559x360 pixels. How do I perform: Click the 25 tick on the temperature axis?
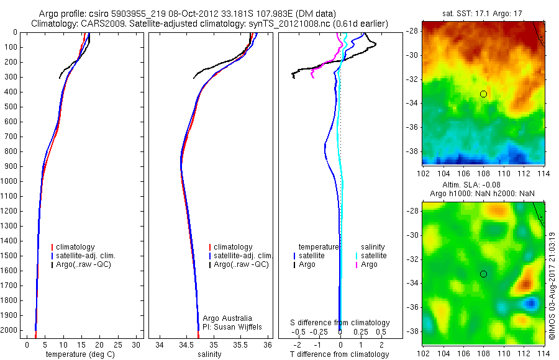(118, 344)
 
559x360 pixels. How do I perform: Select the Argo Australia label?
(227, 318)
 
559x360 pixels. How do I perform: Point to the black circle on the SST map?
(483, 94)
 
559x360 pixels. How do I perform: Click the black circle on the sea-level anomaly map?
(483, 274)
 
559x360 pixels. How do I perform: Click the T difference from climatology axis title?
(340, 354)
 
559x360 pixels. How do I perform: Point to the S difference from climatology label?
(340, 323)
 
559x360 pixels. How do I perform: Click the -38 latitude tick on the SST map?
(412, 151)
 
